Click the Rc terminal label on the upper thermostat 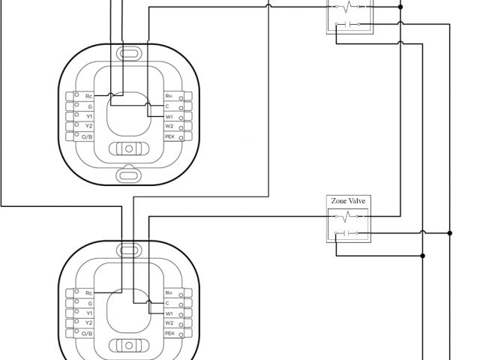pyautogui.click(x=88, y=97)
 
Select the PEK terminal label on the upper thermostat pyautogui.click(x=169, y=136)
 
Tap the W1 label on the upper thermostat pyautogui.click(x=169, y=117)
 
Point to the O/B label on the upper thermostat pyautogui.click(x=88, y=136)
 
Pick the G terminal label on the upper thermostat pyautogui.click(x=88, y=107)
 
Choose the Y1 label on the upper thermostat pyautogui.click(x=88, y=117)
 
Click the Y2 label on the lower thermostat pyautogui.click(x=88, y=322)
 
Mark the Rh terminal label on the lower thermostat pyautogui.click(x=169, y=292)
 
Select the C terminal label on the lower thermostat pyautogui.click(x=168, y=302)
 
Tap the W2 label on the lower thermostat pyautogui.click(x=169, y=322)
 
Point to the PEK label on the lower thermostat pyautogui.click(x=169, y=332)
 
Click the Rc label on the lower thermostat pyautogui.click(x=88, y=292)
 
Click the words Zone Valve pyautogui.click(x=349, y=202)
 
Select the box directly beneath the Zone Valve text pyautogui.click(x=349, y=226)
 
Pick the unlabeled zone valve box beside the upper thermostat pyautogui.click(x=349, y=17)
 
